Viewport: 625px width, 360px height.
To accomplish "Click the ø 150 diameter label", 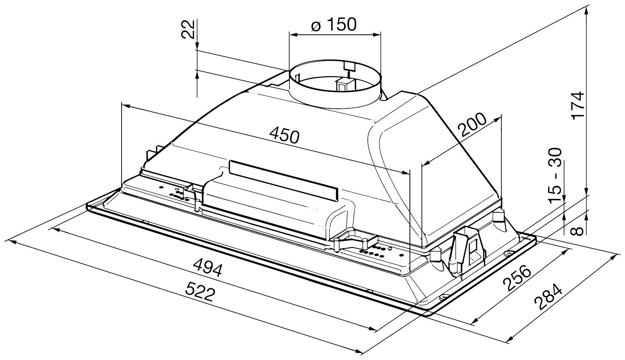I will [x=333, y=25].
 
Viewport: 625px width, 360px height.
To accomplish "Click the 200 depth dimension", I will [x=472, y=126].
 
